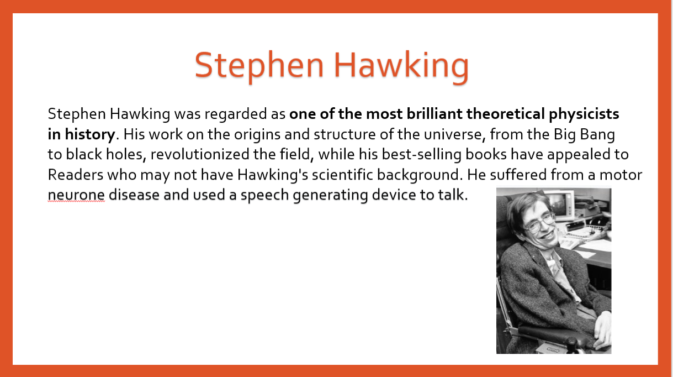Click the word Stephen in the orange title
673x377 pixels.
tap(259, 66)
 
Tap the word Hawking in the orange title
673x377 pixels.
tap(401, 66)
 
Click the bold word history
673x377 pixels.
tap(90, 135)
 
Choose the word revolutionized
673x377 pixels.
tap(199, 154)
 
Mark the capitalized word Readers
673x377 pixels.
tap(76, 175)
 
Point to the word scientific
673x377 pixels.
tap(342, 175)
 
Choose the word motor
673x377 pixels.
tap(621, 175)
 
